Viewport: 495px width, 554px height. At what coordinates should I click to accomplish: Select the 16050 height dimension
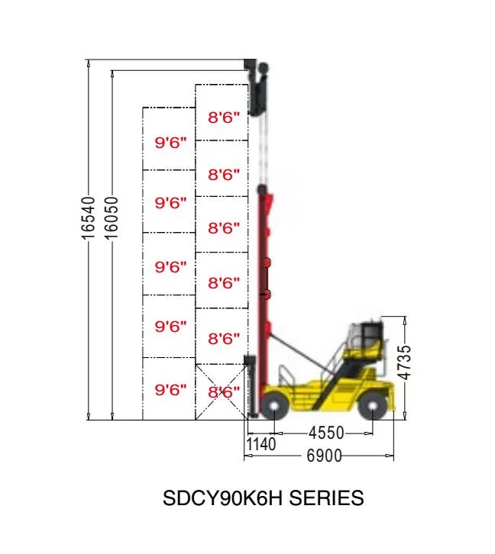click(x=112, y=218)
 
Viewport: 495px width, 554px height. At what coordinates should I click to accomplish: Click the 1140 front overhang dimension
click(x=260, y=443)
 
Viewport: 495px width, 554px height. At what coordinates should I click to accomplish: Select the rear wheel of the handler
click(x=373, y=405)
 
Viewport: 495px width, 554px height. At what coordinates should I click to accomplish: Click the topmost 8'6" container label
click(x=224, y=118)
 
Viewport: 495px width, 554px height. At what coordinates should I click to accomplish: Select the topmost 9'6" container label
click(x=171, y=143)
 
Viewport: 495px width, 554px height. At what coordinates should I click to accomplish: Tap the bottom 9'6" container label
click(x=171, y=390)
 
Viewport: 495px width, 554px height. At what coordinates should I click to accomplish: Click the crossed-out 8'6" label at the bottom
click(x=224, y=392)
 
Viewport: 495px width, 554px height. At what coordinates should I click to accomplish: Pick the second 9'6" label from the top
click(x=171, y=203)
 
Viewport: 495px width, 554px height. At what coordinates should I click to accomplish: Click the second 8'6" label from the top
click(x=224, y=175)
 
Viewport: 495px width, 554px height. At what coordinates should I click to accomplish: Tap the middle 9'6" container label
click(x=171, y=267)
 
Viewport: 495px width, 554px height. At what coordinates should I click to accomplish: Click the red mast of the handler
click(x=266, y=290)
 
